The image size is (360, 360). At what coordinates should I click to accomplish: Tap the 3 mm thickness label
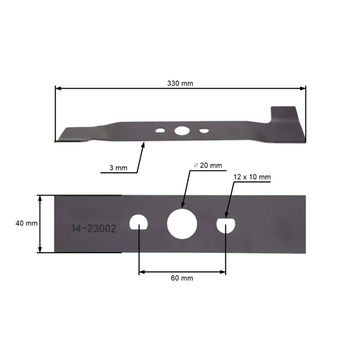[118, 168]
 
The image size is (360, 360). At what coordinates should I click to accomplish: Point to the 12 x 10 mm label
[252, 177]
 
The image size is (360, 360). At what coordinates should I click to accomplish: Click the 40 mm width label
[26, 223]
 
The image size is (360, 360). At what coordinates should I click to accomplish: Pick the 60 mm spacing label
[182, 278]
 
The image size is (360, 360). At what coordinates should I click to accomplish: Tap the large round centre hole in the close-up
[182, 223]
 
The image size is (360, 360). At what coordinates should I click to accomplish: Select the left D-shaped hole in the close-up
[139, 223]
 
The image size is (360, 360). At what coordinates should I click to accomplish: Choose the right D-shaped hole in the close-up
[226, 224]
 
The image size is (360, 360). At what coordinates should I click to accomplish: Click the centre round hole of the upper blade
[181, 130]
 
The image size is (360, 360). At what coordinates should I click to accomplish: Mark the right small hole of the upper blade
[205, 130]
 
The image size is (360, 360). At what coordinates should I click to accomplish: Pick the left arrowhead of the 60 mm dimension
[142, 272]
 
